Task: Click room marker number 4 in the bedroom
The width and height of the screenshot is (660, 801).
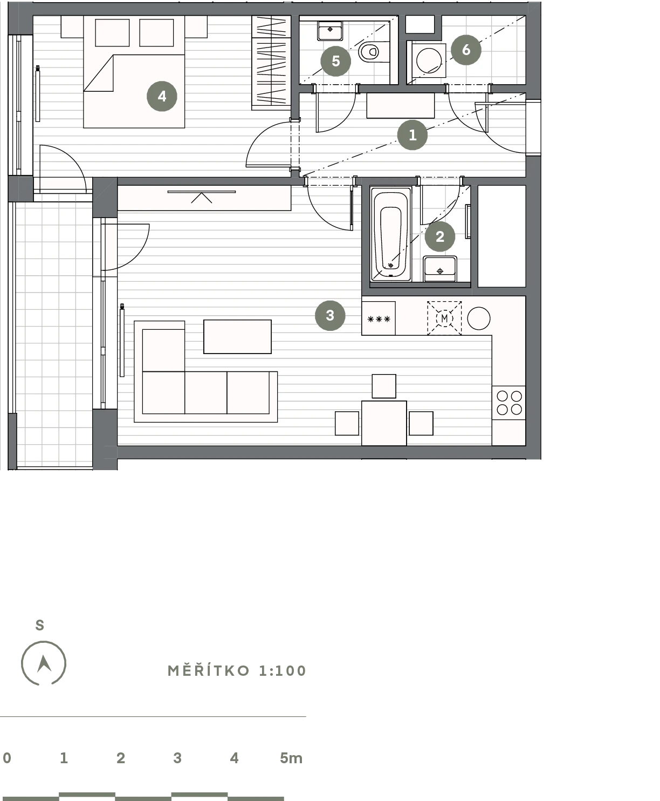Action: pyautogui.click(x=162, y=96)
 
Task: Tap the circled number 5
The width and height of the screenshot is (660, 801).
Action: pyautogui.click(x=336, y=61)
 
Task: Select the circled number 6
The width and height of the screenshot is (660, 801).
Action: pyautogui.click(x=466, y=50)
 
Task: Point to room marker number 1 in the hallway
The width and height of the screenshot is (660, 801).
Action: pyautogui.click(x=412, y=135)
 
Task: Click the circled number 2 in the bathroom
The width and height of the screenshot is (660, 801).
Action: pyautogui.click(x=440, y=237)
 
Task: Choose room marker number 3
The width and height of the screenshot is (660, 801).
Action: pyautogui.click(x=330, y=316)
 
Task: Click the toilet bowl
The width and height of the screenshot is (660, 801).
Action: pyautogui.click(x=369, y=52)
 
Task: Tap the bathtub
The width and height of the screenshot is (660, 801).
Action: pyautogui.click(x=390, y=234)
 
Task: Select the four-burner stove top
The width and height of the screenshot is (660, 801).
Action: pyautogui.click(x=509, y=403)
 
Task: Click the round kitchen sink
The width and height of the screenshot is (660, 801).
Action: pyautogui.click(x=479, y=318)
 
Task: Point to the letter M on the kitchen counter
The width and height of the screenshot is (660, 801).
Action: pyautogui.click(x=444, y=318)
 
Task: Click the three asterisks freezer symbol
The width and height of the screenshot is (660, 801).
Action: pyautogui.click(x=379, y=319)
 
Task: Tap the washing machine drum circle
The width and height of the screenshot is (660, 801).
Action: pyautogui.click(x=429, y=60)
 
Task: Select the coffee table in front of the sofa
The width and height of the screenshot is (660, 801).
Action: pyautogui.click(x=238, y=337)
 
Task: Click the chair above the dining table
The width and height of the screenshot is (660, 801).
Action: pyautogui.click(x=384, y=386)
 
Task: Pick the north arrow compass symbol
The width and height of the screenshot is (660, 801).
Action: pyautogui.click(x=44, y=663)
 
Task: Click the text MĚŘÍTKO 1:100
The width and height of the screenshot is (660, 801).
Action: pyautogui.click(x=237, y=671)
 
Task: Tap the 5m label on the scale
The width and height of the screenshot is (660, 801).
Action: pyautogui.click(x=291, y=758)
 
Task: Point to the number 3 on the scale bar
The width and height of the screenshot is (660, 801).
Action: pyautogui.click(x=177, y=758)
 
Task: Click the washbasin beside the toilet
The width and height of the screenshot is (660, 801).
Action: pyautogui.click(x=330, y=31)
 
